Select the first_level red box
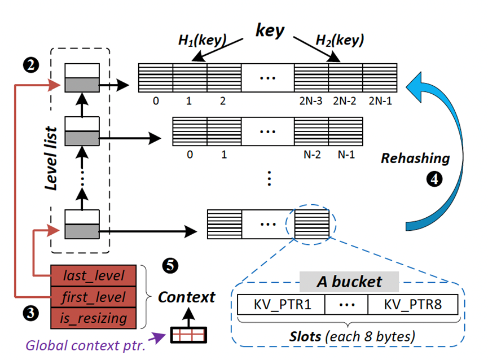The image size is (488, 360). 95,296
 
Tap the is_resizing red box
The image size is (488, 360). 95,318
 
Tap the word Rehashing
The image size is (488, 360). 415,158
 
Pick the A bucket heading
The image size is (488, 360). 349,281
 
